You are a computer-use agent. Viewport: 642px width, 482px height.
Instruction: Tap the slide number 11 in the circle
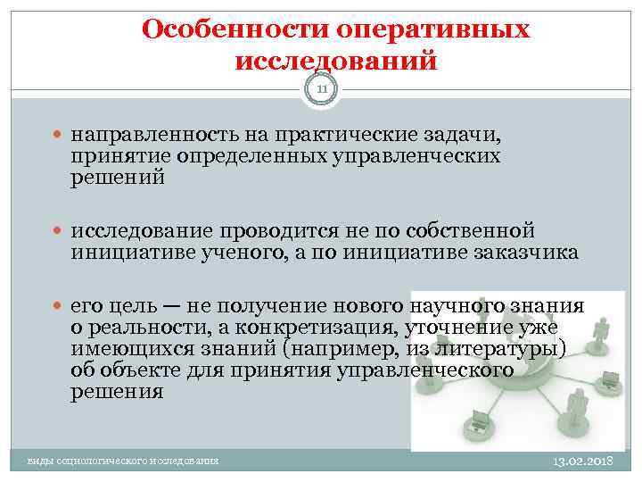pyautogui.click(x=321, y=88)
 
